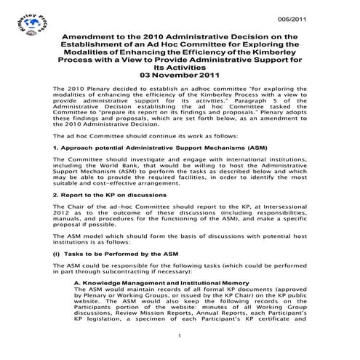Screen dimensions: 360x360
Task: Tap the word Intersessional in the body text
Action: (284, 207)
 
